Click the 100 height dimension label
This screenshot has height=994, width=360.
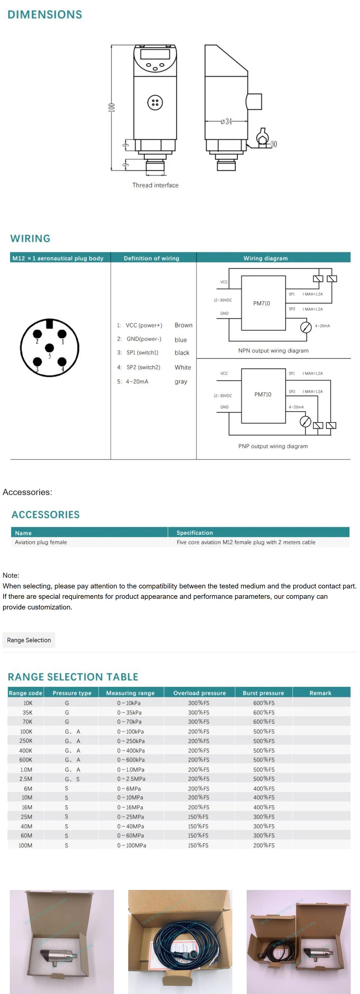click(111, 107)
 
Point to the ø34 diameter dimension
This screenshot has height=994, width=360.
click(226, 121)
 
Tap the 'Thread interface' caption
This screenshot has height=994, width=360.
click(155, 185)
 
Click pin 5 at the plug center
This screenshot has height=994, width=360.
click(49, 348)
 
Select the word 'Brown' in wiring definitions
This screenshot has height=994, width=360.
click(183, 325)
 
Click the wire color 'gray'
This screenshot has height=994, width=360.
click(181, 382)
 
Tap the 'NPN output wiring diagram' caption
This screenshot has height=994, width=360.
click(273, 351)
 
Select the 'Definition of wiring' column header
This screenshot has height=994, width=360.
click(151, 258)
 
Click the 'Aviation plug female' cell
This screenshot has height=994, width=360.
click(41, 542)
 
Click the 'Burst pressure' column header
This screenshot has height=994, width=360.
click(263, 693)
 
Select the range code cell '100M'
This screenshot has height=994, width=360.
click(26, 845)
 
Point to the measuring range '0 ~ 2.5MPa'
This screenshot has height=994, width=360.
click(131, 779)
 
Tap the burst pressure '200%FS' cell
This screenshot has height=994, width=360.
click(264, 845)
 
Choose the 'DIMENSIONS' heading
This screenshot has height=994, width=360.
click(45, 15)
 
